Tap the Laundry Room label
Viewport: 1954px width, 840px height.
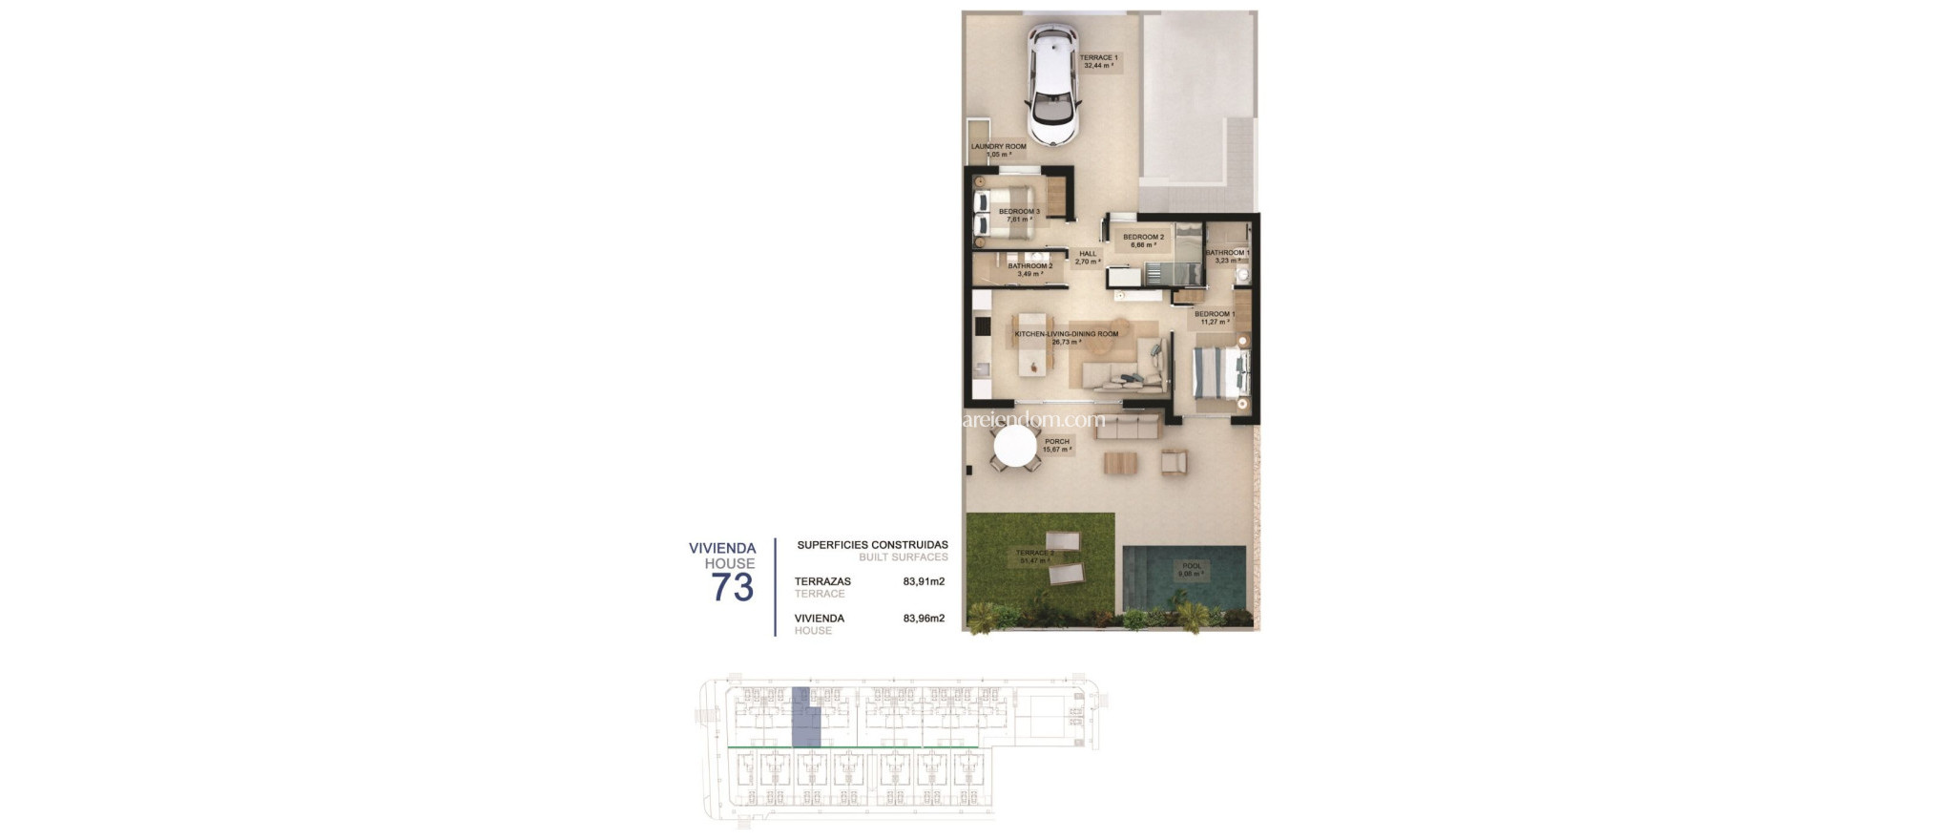(998, 150)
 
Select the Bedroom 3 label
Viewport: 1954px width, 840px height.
(1019, 215)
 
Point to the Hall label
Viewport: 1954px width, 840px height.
(1088, 258)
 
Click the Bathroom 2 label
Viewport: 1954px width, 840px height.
(1029, 269)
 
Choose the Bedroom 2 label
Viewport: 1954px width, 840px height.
(1143, 241)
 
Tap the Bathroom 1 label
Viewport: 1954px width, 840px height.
(1227, 256)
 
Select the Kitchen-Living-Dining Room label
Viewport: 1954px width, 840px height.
(1066, 337)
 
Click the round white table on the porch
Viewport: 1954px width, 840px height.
(1015, 446)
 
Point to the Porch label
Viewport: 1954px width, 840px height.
(1056, 445)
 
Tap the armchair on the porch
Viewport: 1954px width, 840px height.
(1174, 463)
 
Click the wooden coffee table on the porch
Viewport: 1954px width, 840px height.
(1120, 464)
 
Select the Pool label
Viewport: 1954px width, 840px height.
(1192, 570)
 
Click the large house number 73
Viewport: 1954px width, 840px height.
(732, 587)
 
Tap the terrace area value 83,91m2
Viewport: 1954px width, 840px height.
(924, 581)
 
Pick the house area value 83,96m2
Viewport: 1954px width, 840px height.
(924, 619)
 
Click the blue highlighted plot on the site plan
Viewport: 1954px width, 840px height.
(806, 718)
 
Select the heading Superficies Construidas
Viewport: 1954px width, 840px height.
(872, 545)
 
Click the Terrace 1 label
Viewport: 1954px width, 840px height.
(1098, 61)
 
